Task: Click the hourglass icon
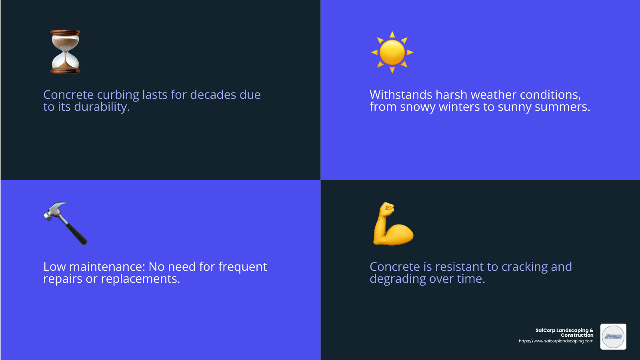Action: pos(65,52)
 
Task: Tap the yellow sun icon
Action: pos(392,52)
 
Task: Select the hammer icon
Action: pos(65,223)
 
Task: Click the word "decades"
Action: pos(213,95)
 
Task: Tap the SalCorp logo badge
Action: pos(613,336)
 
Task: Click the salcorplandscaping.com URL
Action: pos(556,341)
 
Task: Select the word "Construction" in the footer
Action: pos(577,335)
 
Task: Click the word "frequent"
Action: pos(242,267)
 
